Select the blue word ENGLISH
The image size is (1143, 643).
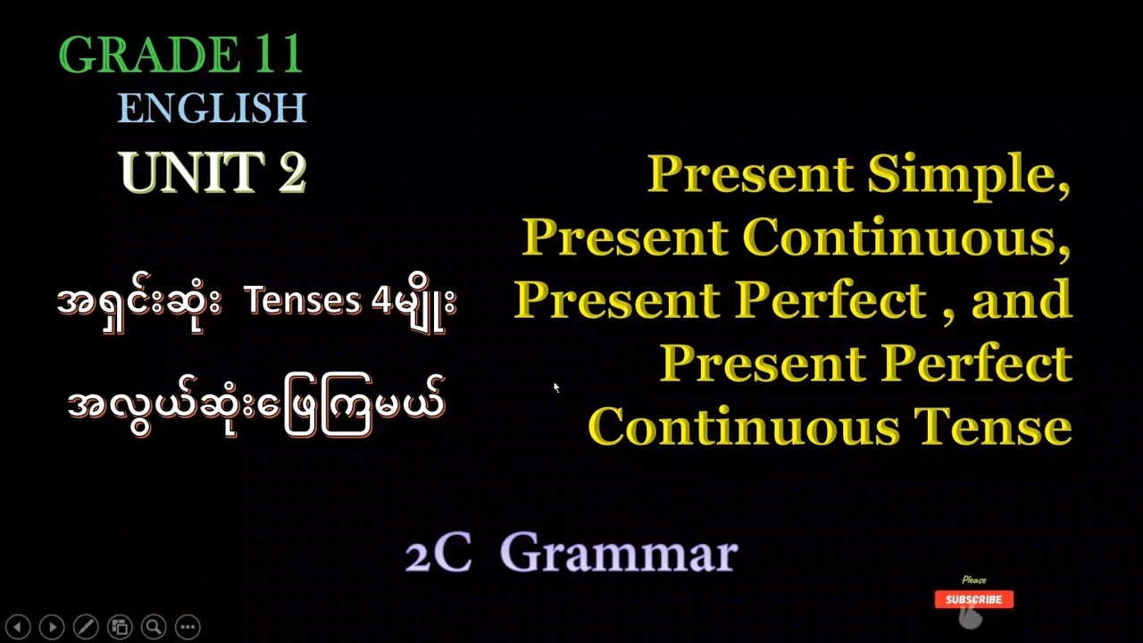[212, 109]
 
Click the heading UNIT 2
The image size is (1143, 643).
[213, 172]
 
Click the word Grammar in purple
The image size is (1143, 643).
[625, 554]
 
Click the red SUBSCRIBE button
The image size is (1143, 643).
[973, 599]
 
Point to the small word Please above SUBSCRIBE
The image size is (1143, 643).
[974, 580]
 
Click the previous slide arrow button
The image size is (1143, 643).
[19, 627]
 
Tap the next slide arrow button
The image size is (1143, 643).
[52, 627]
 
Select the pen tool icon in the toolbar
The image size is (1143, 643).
[86, 627]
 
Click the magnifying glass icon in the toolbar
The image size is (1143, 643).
[154, 627]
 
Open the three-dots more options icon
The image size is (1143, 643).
[188, 627]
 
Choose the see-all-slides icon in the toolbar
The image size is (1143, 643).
[120, 627]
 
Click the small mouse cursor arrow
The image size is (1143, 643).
[556, 387]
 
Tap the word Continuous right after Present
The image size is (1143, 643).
[906, 237]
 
